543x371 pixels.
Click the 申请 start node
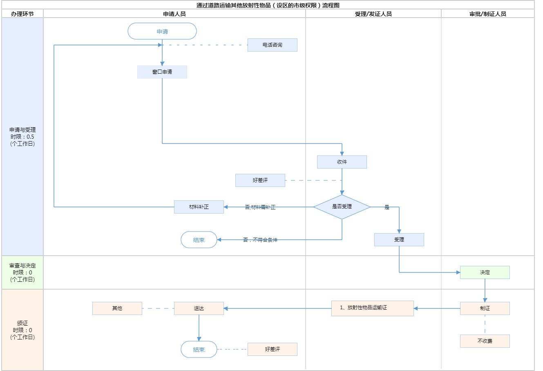(x=162, y=31)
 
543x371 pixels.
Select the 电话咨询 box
(x=272, y=45)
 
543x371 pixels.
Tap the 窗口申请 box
(x=162, y=72)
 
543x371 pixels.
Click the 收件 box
(x=342, y=162)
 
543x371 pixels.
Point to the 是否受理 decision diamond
(x=342, y=207)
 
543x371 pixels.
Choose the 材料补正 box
(x=199, y=207)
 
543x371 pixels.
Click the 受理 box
(x=399, y=240)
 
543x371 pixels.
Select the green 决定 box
(x=485, y=272)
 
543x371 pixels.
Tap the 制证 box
(x=485, y=308)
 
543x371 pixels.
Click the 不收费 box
(x=485, y=341)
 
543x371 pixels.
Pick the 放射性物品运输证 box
(x=373, y=308)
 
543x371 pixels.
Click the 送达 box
(x=199, y=308)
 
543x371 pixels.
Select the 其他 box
(x=117, y=308)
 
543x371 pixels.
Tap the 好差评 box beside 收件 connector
(x=260, y=180)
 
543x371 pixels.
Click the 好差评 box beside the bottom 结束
(x=273, y=349)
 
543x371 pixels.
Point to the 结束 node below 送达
(x=199, y=349)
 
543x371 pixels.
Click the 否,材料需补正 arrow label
(x=260, y=207)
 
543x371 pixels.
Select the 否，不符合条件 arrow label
(x=260, y=240)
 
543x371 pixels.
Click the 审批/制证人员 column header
(x=488, y=14)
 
